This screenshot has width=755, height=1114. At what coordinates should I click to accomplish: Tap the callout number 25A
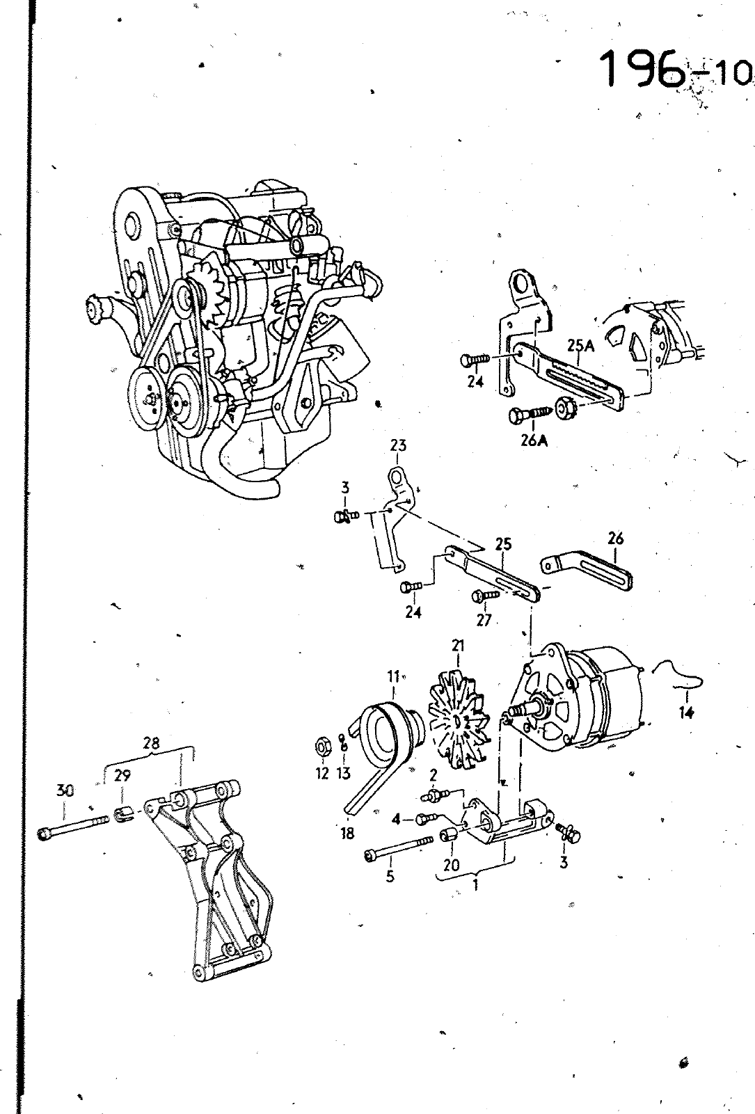(581, 345)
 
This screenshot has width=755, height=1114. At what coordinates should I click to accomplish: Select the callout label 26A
(534, 440)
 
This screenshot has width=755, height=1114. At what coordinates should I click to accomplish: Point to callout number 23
(398, 445)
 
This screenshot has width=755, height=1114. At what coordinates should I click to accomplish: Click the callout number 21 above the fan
(458, 646)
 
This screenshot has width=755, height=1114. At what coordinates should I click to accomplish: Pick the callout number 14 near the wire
(686, 713)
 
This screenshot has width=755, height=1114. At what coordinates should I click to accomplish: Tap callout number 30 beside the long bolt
(64, 790)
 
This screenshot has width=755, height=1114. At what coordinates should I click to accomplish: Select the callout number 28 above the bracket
(151, 743)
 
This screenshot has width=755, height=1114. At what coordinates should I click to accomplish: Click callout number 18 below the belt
(348, 833)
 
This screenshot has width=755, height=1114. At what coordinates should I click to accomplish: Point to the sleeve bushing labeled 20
(449, 836)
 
